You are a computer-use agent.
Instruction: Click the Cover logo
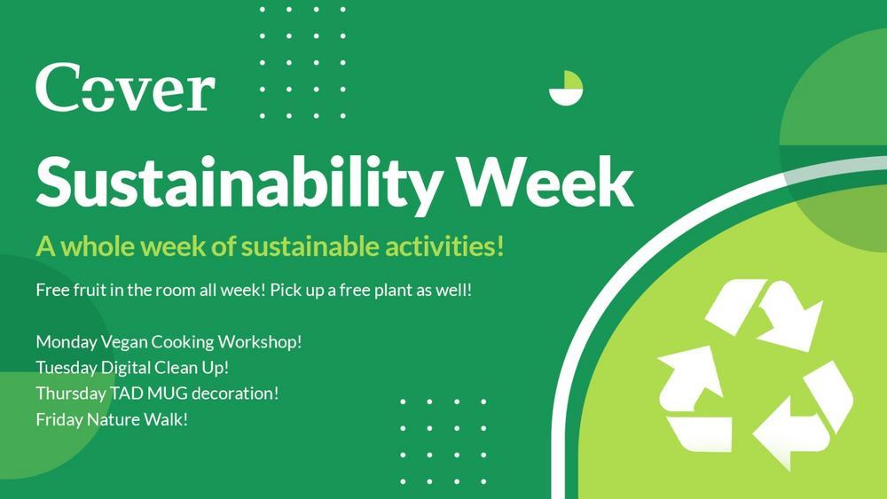click(125, 87)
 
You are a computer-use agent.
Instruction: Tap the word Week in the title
click(546, 181)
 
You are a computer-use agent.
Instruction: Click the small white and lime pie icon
click(566, 88)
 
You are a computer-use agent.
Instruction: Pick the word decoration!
click(235, 394)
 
